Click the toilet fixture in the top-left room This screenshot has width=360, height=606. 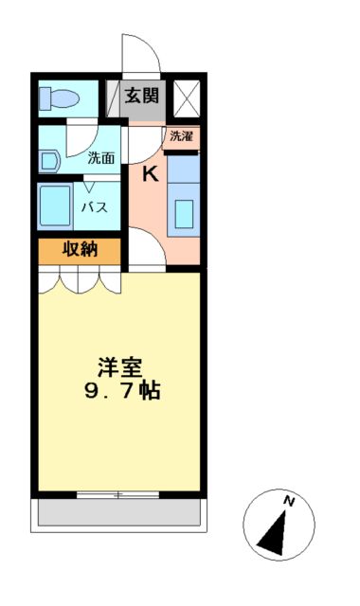point(59,98)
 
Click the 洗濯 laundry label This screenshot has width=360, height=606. point(181,136)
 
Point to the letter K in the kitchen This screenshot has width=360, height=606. point(150,174)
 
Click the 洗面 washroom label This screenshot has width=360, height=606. point(101,158)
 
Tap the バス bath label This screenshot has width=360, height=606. point(92,207)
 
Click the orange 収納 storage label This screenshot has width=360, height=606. point(80,251)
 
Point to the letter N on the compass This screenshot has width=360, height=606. point(291,502)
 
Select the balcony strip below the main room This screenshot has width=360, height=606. point(118,514)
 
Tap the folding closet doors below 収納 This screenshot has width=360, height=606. point(81,280)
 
